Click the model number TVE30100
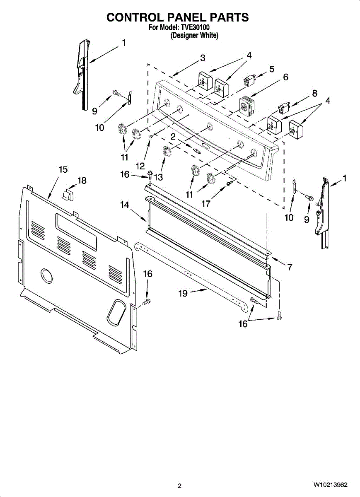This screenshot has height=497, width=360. click(x=195, y=28)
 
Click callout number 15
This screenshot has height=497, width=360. click(x=63, y=169)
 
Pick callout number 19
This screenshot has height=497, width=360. click(x=183, y=293)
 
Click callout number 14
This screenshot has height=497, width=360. click(x=125, y=205)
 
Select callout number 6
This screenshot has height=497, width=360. click(x=286, y=77)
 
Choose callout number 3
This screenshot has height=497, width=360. click(x=203, y=58)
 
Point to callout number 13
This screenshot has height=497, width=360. click(x=158, y=177)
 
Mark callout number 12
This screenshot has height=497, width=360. click(x=140, y=166)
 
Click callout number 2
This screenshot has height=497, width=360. click(x=173, y=136)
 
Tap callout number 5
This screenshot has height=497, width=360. click(x=272, y=69)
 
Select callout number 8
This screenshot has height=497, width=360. click(x=315, y=93)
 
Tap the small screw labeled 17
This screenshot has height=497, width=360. click(x=228, y=183)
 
